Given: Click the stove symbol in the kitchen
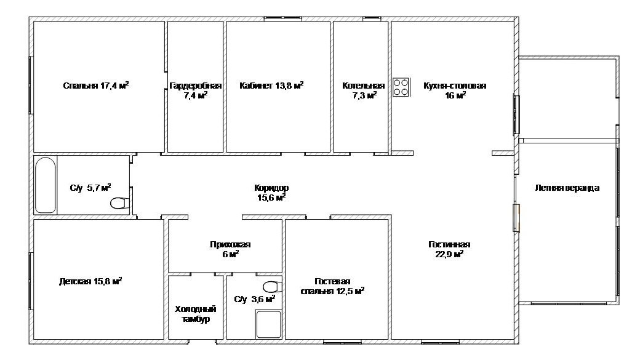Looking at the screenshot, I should coord(401,87).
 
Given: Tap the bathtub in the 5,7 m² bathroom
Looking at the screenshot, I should coord(46,185).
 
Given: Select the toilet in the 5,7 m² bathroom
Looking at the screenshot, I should coord(120,202).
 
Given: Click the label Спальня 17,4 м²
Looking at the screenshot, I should coord(96,86).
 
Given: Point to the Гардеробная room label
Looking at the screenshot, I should coord(195,86).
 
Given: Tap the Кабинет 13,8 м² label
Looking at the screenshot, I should coord(271,86).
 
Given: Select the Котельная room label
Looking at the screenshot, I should coord(363,86).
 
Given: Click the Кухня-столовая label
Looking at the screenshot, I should coord(455,86).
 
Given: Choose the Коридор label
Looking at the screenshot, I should coord(271,188).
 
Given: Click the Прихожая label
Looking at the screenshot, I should coord(230,244).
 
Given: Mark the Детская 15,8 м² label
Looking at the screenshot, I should coord(90,281).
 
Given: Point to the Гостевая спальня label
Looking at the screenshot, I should coord(332,285).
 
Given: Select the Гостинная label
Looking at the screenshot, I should coord(449,244).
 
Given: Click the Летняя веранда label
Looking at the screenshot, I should coord(567,188).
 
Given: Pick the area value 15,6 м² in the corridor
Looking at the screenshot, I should coord(271,198).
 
